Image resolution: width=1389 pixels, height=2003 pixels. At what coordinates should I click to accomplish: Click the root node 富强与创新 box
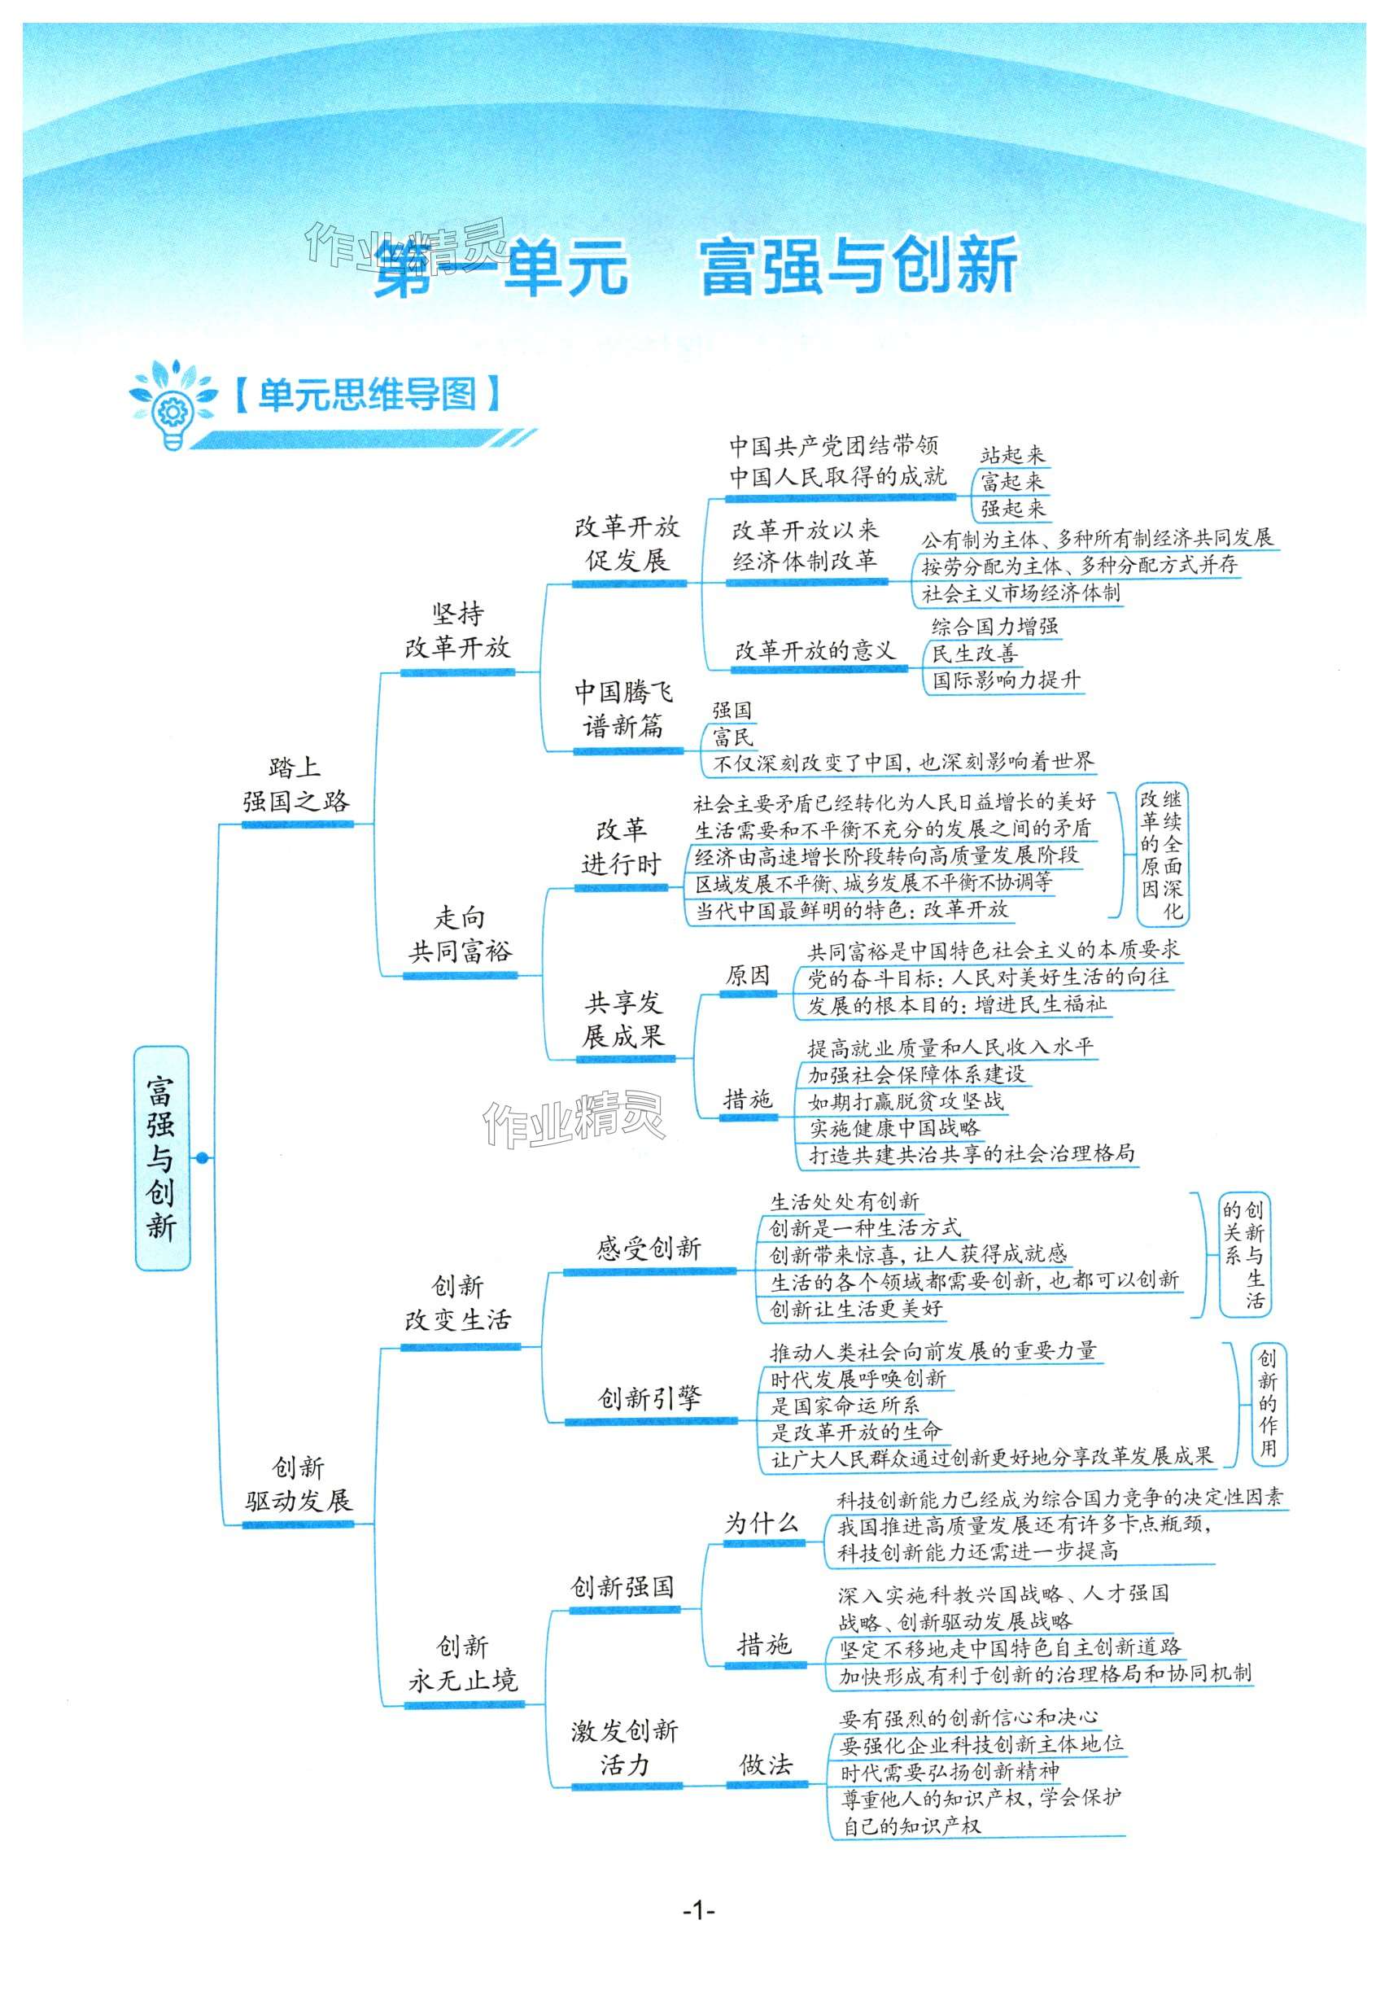tap(162, 1157)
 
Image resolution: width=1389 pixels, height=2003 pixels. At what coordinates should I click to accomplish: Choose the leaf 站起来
tap(1011, 454)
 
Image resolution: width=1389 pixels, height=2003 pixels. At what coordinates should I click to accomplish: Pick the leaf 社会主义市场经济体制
tap(1021, 593)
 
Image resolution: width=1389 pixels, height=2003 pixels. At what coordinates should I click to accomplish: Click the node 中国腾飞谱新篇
tap(623, 710)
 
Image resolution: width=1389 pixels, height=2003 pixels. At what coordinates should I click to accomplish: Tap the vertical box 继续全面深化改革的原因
tap(1161, 854)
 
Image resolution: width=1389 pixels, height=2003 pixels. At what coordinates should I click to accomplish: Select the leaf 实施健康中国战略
tap(893, 1128)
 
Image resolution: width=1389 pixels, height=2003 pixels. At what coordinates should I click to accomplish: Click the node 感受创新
tap(649, 1249)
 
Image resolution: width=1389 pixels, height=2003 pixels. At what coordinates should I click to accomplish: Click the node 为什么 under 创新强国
tap(762, 1524)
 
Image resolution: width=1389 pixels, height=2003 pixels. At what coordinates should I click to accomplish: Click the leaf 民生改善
tap(975, 653)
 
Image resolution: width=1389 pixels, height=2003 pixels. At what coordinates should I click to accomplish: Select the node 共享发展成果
tap(623, 1019)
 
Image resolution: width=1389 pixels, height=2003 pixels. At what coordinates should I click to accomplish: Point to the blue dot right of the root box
tap(203, 1157)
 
